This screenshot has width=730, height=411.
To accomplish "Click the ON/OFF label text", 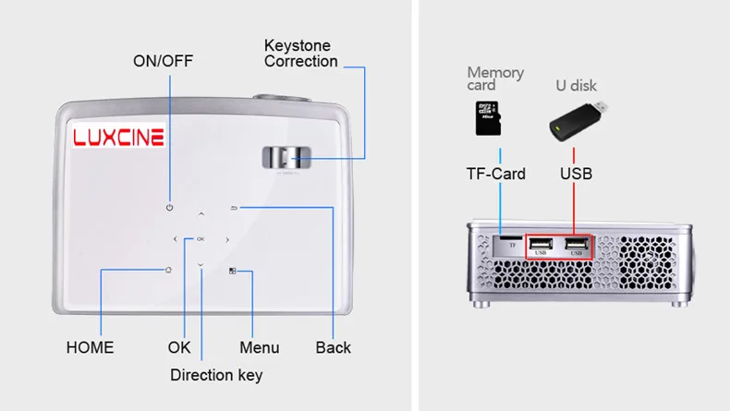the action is point(163,61).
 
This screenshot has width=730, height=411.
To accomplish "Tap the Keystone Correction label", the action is point(300,54).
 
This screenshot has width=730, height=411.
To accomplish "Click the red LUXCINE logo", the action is point(118,137).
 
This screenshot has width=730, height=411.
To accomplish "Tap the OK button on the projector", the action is point(201,239).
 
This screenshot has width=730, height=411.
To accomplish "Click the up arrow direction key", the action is point(201,214).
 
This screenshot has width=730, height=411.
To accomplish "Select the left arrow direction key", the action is point(175,239).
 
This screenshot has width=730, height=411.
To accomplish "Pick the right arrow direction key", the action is point(227,240).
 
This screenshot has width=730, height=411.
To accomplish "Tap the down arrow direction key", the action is point(201,265).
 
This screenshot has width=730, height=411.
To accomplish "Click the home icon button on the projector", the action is point(168,270).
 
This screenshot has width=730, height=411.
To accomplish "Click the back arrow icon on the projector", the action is point(234,208).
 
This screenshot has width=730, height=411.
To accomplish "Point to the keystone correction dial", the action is point(286,158).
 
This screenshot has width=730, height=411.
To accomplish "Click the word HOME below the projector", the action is point(90,347).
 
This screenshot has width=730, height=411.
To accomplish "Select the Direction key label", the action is point(216,375).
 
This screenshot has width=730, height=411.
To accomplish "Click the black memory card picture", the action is point(488,118).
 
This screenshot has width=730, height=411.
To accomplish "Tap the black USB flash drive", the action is point(578,121).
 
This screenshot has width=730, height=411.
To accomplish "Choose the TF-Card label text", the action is point(496,174).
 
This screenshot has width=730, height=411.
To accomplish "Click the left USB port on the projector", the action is point(541,244).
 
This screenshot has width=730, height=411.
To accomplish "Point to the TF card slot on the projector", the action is point(511,237).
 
